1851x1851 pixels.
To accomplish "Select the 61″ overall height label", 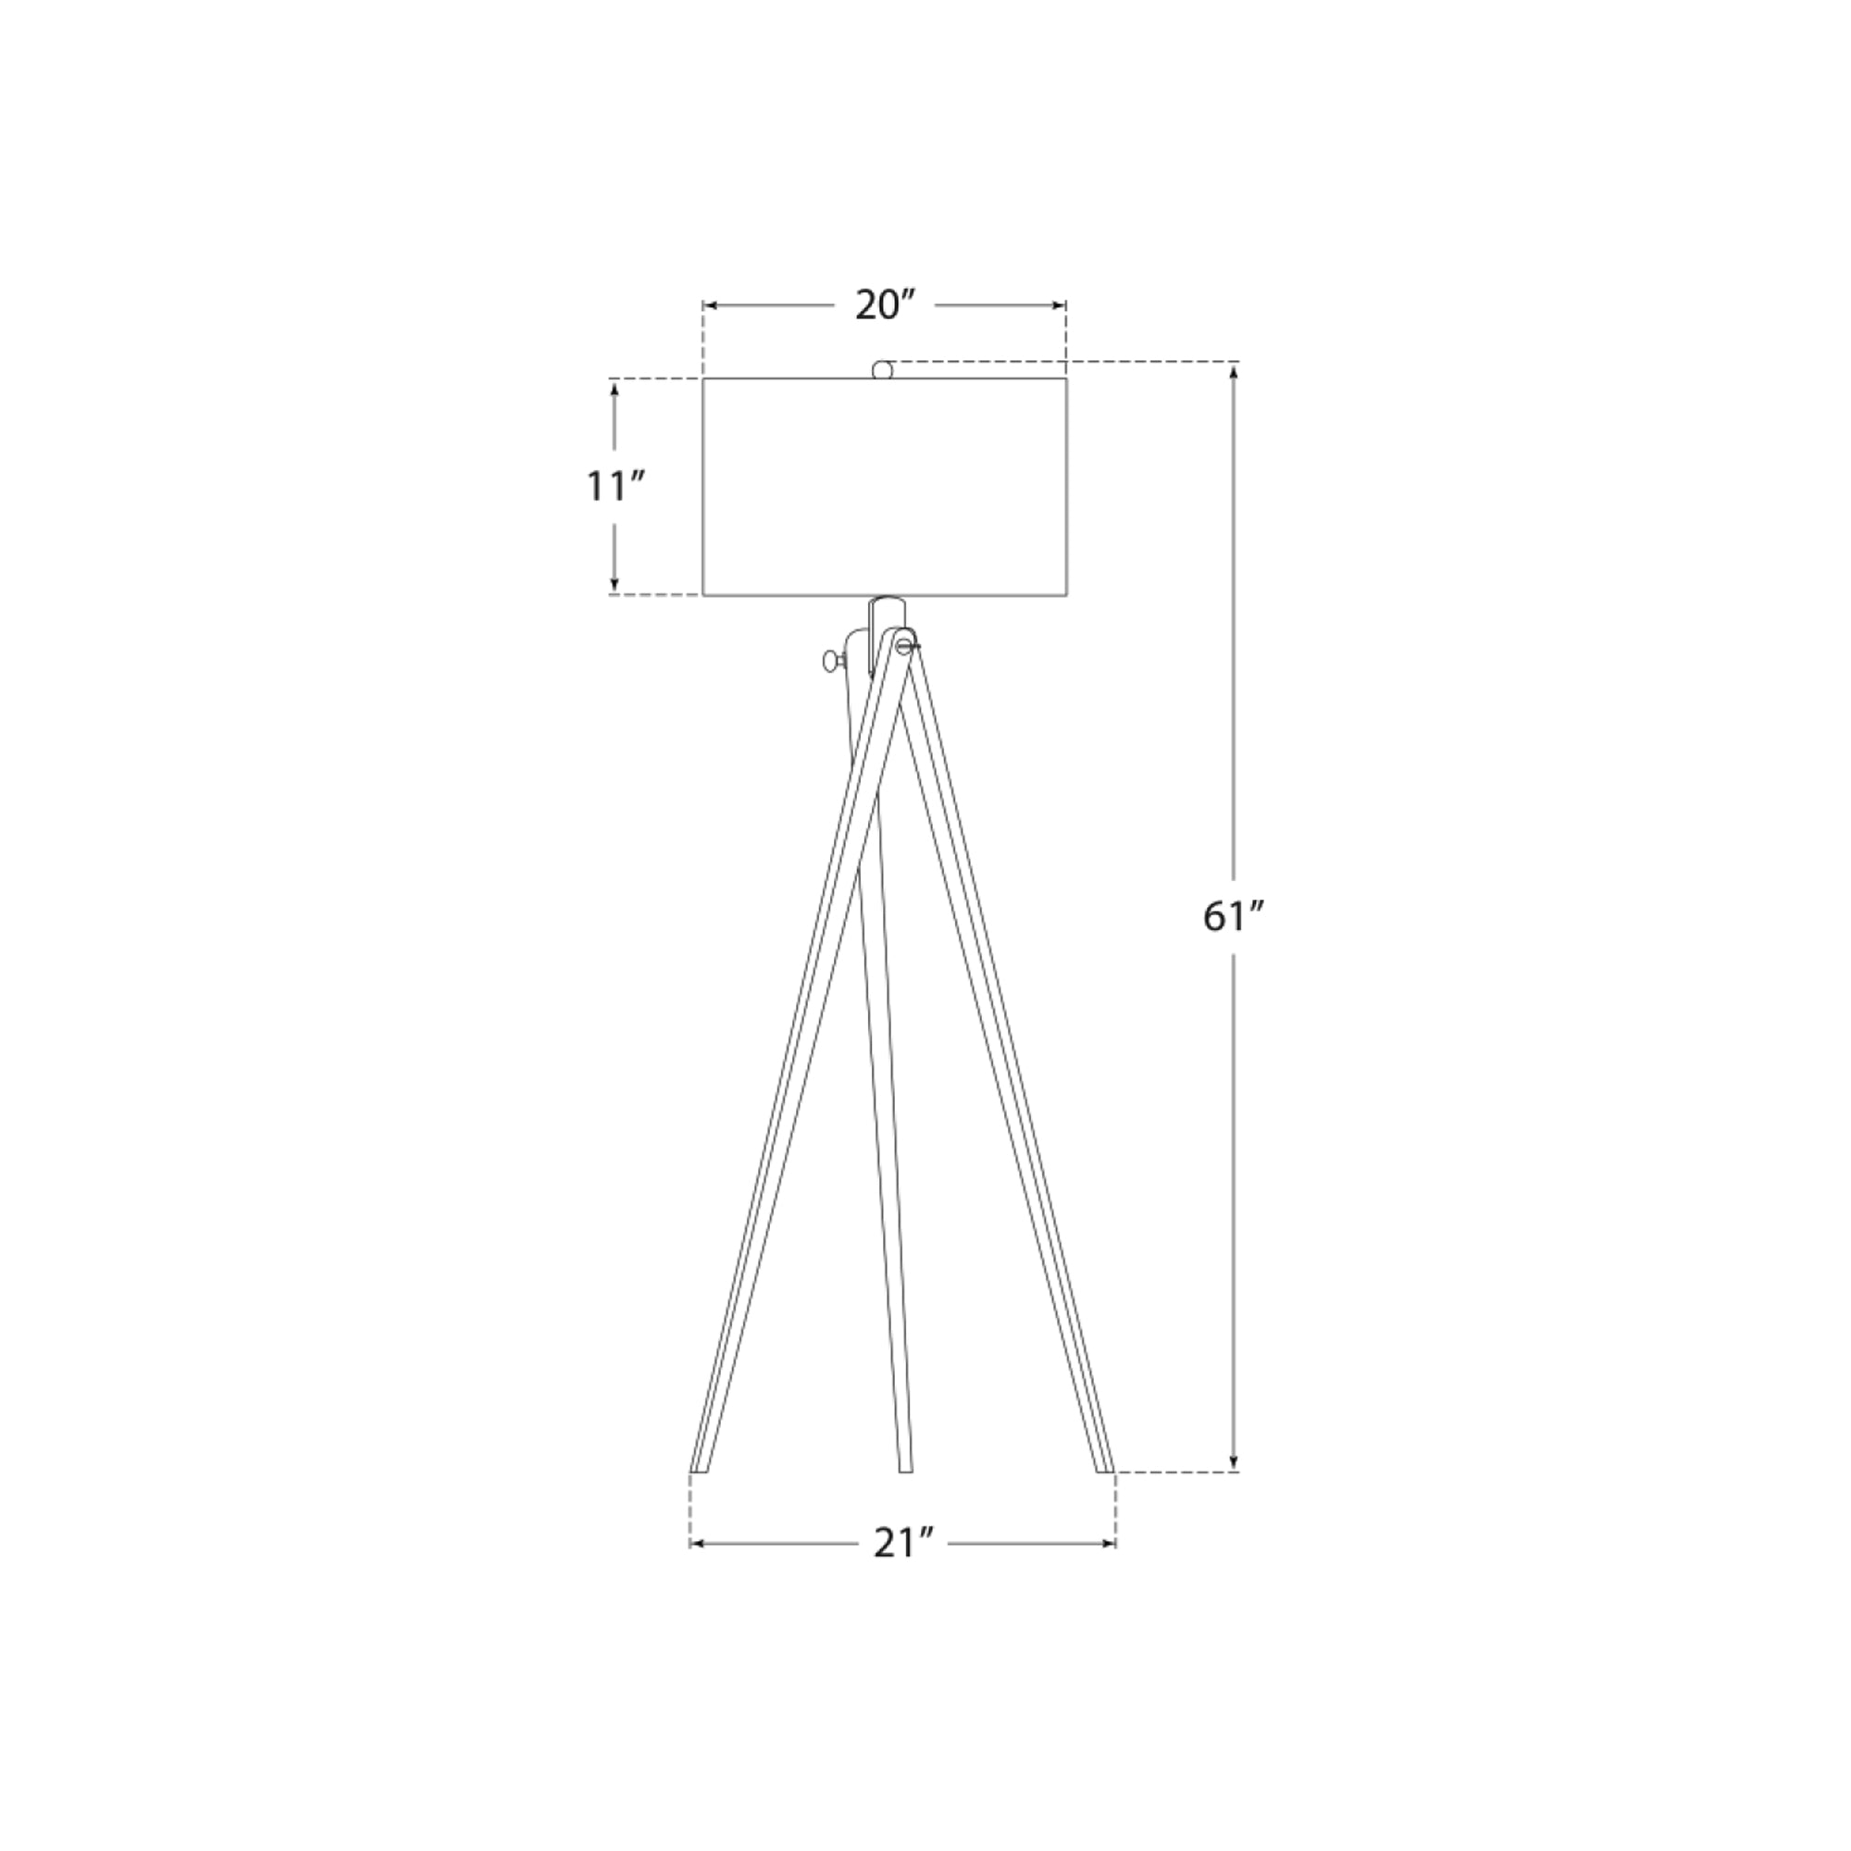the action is click(1235, 918).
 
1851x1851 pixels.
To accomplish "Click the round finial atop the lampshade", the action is click(882, 370).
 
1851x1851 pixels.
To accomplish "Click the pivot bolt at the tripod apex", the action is click(903, 647).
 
